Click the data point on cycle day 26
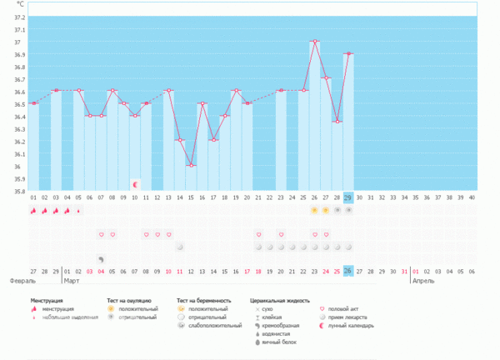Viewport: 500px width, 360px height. (x=314, y=41)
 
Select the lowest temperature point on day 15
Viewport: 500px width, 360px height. (x=191, y=165)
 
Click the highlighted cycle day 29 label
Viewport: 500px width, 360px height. (x=347, y=197)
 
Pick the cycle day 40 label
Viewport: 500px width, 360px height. (x=471, y=197)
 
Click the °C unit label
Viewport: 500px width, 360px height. (x=21, y=5)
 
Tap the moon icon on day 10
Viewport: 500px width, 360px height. (x=134, y=182)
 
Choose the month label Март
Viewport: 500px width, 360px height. (x=73, y=282)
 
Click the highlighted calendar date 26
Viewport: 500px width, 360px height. (x=347, y=272)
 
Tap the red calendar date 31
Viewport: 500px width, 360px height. (x=404, y=272)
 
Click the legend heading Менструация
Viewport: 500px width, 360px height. (x=49, y=298)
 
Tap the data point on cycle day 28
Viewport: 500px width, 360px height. (x=337, y=122)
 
